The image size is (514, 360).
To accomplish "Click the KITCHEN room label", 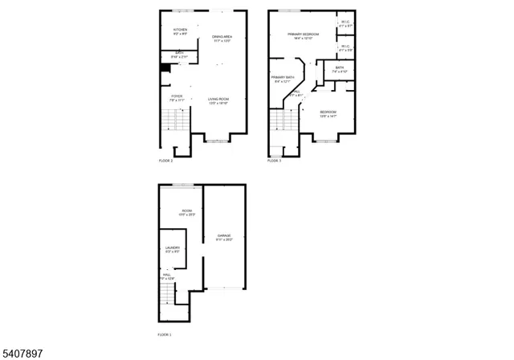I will [x=180, y=31].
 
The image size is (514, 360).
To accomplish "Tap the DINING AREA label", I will [x=222, y=39].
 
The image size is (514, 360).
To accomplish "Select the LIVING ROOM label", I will [x=218, y=101].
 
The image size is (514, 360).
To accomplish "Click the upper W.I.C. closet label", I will [x=345, y=24].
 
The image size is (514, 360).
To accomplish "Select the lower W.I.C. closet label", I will [x=345, y=48].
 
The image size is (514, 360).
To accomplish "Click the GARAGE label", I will [x=224, y=237].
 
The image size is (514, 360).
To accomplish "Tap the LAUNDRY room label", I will [x=173, y=249].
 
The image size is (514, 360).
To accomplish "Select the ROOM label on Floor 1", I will [x=186, y=213].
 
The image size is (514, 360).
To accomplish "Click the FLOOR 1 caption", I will [x=164, y=333].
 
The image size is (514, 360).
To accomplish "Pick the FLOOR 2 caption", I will [x=165, y=160].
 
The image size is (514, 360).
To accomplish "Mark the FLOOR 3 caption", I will [x=274, y=160].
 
